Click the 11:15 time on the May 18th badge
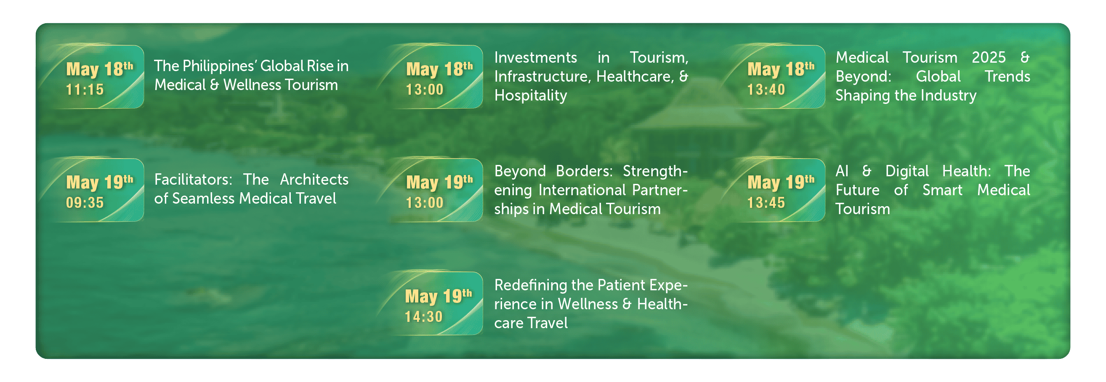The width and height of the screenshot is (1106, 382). click(85, 89)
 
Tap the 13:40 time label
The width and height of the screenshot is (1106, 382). click(766, 89)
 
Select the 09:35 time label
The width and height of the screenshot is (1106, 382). click(85, 203)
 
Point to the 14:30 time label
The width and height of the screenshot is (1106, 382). click(423, 316)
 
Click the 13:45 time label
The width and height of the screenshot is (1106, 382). click(766, 203)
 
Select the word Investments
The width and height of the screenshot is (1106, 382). click(535, 58)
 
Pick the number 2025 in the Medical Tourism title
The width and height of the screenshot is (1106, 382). click(989, 58)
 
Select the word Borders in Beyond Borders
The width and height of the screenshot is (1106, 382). click(584, 171)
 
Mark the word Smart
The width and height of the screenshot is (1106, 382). click(942, 190)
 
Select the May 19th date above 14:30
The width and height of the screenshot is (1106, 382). click(439, 296)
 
